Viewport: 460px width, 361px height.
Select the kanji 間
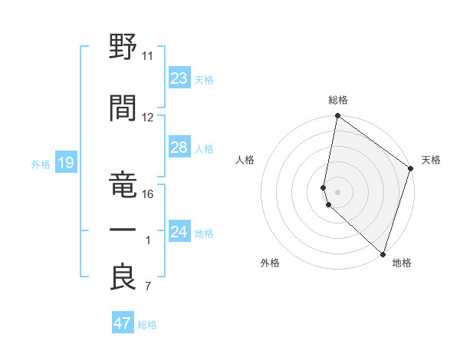coord(123,107)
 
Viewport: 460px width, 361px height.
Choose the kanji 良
coord(123,277)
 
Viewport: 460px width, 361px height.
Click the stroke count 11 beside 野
coord(148,56)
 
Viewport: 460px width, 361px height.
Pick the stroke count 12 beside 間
coord(148,118)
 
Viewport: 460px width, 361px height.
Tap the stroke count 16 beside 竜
coord(148,194)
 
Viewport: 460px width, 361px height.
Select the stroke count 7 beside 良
coord(148,287)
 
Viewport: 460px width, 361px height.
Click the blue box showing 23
coord(179,78)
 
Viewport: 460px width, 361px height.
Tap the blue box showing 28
coord(179,147)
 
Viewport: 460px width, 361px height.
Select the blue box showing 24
coord(179,232)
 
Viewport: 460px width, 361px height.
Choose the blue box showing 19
coord(65,163)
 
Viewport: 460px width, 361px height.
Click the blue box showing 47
coord(123,323)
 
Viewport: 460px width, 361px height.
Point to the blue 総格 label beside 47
coord(147,325)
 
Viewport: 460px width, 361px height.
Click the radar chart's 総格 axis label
coord(338,100)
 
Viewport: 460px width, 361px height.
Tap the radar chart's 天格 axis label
coord(431,160)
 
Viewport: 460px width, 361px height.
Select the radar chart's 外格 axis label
coord(270,263)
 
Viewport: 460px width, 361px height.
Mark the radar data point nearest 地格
coord(383,254)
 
